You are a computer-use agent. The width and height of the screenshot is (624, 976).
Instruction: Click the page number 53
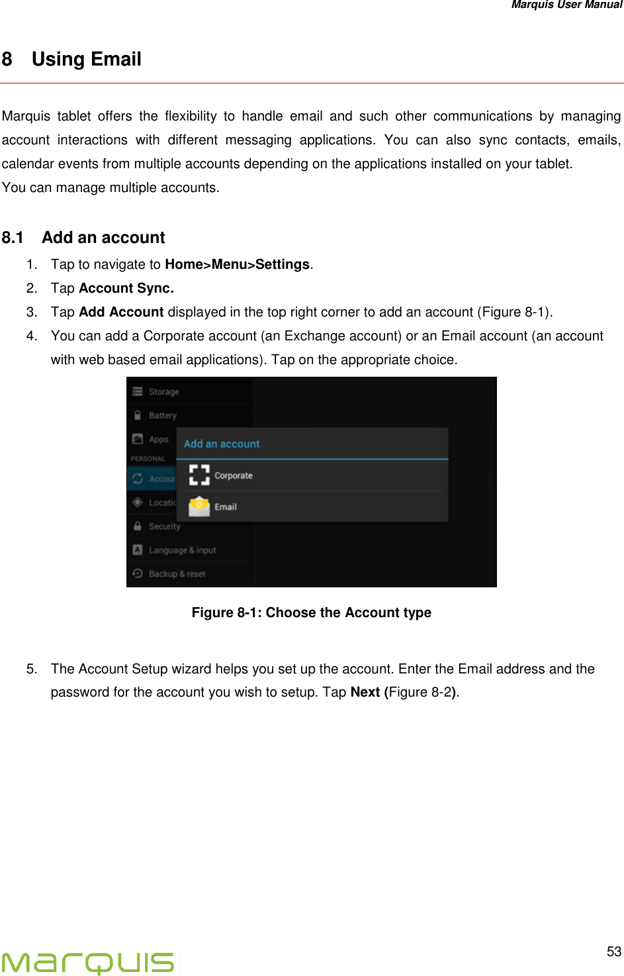tap(613, 952)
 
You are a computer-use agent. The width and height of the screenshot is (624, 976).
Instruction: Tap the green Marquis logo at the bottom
tap(88, 962)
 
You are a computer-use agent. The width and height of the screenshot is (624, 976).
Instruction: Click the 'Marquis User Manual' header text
tap(566, 5)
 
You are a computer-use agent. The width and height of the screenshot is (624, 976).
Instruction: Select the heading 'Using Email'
tap(86, 60)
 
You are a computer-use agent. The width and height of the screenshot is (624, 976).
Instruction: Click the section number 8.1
tap(13, 238)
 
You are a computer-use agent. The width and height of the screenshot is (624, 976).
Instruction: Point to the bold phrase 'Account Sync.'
tap(126, 288)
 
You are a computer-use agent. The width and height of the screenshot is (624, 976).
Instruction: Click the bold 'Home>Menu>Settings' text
tap(237, 264)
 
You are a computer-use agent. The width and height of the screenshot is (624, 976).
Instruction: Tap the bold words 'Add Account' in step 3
tap(121, 312)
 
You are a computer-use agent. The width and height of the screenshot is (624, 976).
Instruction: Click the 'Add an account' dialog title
tap(222, 444)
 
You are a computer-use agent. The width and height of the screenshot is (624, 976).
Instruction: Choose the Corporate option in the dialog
tap(234, 475)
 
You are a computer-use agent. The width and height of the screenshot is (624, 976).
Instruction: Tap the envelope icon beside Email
tap(199, 507)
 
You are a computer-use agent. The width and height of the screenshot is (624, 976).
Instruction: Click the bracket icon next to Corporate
tap(199, 475)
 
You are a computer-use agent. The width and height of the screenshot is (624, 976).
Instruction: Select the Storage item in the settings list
tap(163, 392)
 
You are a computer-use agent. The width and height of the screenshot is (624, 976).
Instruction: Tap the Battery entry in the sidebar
tap(162, 416)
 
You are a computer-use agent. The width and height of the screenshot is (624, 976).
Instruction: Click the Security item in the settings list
tap(164, 526)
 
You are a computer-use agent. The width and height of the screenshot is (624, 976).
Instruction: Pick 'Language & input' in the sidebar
tap(182, 550)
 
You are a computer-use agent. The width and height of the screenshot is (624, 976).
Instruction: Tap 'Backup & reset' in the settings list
tap(177, 574)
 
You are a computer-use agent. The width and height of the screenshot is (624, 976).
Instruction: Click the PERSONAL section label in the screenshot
tap(148, 458)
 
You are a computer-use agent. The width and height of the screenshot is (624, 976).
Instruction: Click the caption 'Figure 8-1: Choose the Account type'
tap(311, 612)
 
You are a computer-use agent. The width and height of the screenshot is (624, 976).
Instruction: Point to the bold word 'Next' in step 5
tap(365, 692)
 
